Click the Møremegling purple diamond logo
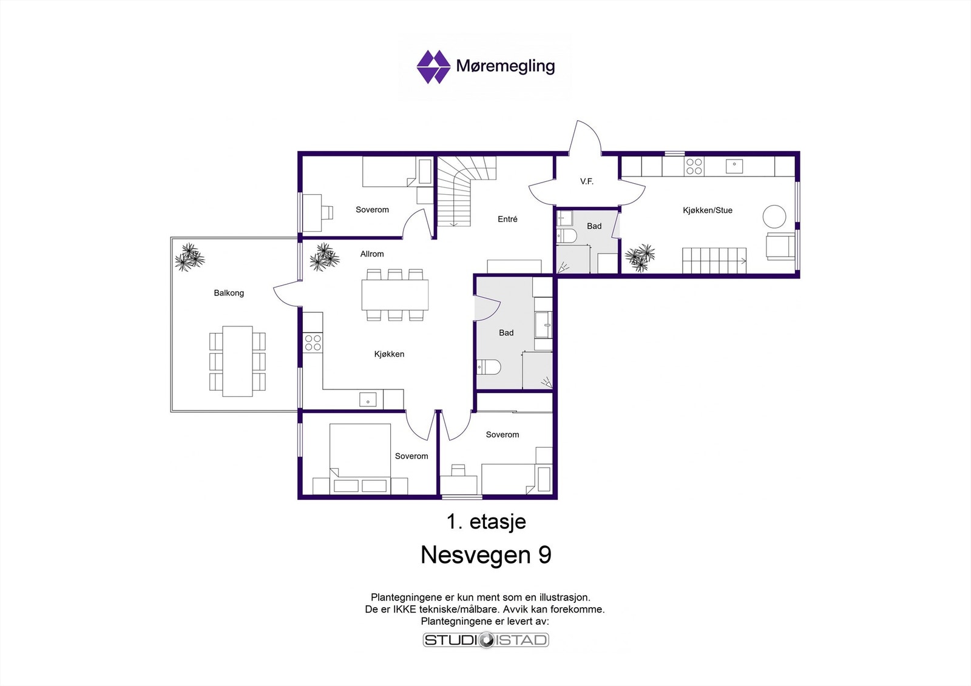433,67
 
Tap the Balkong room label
229,293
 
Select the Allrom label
372,254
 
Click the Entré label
507,219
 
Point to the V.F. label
586,181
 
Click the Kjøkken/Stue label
708,210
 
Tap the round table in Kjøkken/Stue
774,217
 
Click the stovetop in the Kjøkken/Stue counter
694,166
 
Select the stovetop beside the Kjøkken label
313,343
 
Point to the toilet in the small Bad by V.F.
566,236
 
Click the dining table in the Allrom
395,295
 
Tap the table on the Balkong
237,361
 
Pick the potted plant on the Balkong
189,257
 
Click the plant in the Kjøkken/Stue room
640,257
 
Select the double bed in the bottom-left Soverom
360,459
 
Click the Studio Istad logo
486,640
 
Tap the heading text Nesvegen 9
486,555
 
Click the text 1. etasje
486,522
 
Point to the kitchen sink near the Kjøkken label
368,400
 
